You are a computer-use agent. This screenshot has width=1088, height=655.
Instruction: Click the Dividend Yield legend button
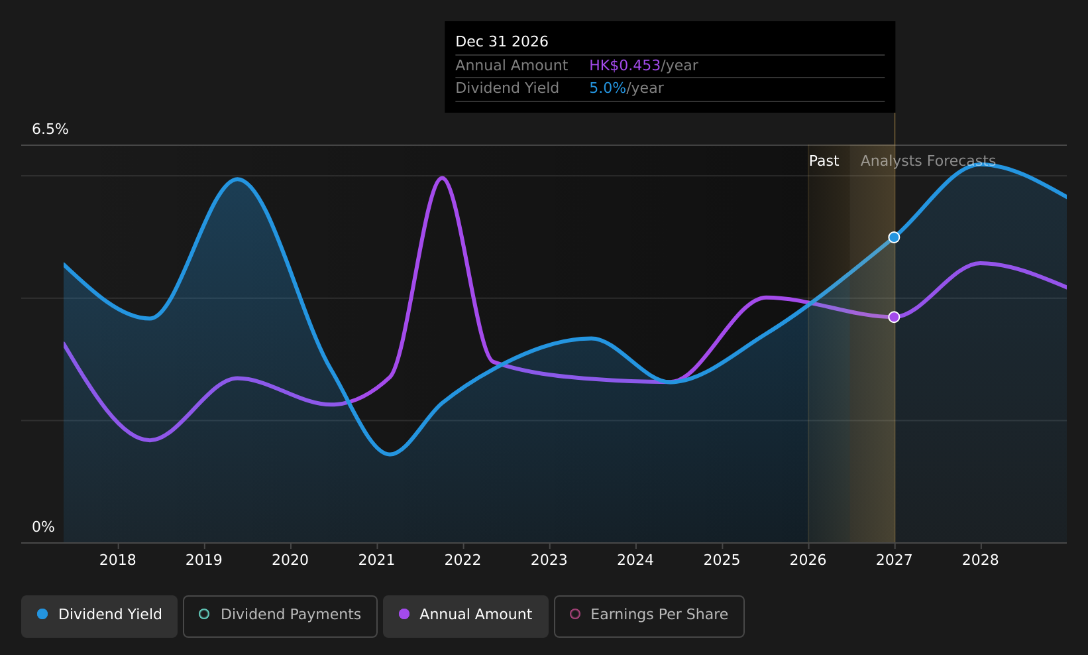click(99, 616)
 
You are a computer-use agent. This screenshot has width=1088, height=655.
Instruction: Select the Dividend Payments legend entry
click(280, 616)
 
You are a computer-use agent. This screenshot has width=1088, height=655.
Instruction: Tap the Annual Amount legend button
click(465, 616)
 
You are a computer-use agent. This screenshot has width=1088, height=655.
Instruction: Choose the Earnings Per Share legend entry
click(649, 616)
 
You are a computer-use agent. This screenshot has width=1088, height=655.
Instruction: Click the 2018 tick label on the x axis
click(117, 560)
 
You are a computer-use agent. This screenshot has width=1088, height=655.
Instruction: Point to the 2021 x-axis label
click(376, 560)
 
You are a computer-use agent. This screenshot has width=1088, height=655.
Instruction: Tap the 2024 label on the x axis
click(635, 560)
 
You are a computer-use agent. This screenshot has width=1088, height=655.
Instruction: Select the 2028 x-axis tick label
click(980, 560)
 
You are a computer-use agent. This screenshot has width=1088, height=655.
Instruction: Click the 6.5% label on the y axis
click(50, 129)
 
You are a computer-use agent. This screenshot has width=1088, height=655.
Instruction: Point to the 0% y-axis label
click(43, 527)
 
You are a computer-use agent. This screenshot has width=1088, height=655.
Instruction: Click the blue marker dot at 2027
click(894, 237)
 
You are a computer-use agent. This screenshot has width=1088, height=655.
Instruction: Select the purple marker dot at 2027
click(894, 317)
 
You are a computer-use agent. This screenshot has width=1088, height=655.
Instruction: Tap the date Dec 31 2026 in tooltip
click(502, 42)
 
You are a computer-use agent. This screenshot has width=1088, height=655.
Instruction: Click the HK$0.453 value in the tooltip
click(625, 66)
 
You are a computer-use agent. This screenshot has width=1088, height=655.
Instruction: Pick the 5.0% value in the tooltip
click(607, 88)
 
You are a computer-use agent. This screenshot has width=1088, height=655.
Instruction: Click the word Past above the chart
click(824, 161)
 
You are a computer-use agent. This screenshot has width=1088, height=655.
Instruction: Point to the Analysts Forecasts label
click(928, 161)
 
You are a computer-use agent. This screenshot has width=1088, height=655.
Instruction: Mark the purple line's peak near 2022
click(442, 178)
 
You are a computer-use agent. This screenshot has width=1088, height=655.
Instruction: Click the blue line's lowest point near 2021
click(390, 454)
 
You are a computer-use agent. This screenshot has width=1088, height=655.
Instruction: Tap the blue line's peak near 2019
click(237, 179)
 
